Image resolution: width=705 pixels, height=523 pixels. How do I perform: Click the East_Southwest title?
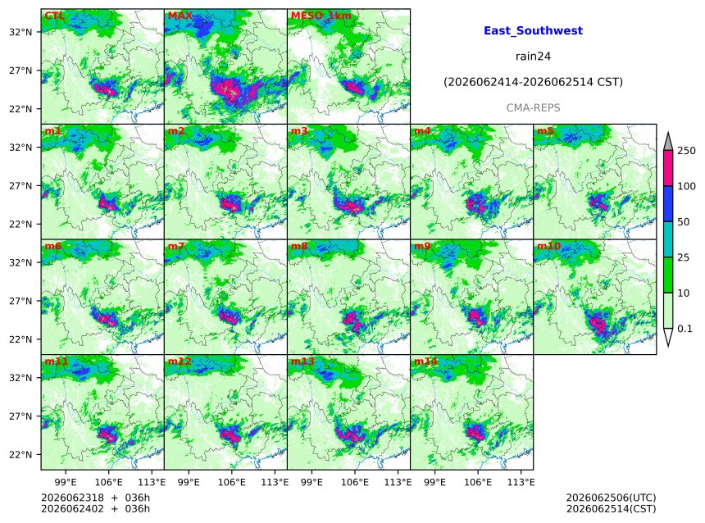533,30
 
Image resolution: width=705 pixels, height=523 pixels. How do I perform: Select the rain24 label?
533,57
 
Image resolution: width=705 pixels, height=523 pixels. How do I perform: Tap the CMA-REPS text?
533,108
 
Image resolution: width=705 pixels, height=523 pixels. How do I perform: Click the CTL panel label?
54,16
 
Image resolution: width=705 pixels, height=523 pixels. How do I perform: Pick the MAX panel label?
180,16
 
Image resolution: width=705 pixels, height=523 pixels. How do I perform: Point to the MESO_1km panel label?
321,16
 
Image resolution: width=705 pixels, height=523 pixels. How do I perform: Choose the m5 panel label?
545,131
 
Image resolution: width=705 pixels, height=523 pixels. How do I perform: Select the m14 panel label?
425,362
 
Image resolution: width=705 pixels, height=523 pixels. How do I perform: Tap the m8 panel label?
299,246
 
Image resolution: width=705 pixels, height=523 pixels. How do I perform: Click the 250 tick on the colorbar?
687,151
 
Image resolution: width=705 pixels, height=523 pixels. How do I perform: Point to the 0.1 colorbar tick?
685,329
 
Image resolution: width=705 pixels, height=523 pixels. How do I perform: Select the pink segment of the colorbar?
668,168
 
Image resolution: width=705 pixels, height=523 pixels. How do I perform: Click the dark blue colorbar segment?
668,204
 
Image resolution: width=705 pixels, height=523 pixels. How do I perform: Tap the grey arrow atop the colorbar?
668,142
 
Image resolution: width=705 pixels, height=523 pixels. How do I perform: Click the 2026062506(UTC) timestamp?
611,498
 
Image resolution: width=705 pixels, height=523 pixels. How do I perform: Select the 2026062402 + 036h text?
95,508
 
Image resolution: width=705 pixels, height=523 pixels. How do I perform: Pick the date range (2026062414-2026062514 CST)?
533,82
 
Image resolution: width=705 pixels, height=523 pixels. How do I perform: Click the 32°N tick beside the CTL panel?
20,32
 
